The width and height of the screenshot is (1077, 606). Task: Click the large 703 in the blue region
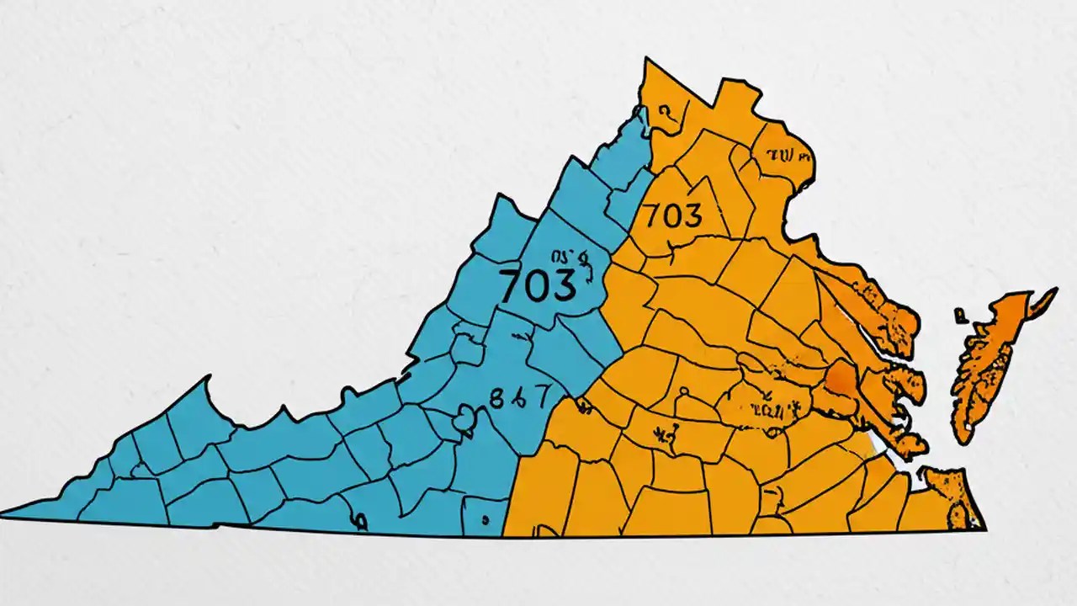click(538, 287)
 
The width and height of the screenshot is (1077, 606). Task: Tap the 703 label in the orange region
click(672, 216)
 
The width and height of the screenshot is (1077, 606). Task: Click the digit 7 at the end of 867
click(540, 396)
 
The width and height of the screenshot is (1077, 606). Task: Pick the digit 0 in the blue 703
click(538, 287)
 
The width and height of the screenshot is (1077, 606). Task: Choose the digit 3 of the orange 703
click(692, 216)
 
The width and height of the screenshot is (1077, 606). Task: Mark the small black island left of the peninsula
click(959, 316)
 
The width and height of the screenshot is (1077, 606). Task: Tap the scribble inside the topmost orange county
click(665, 111)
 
